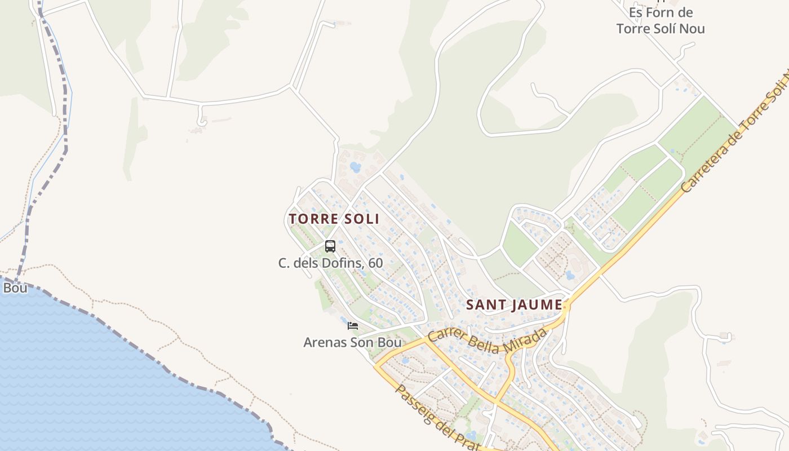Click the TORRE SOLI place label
tap(334, 219)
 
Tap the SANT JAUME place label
tap(514, 305)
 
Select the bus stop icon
tap(330, 246)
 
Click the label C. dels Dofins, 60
tap(330, 263)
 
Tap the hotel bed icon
tap(353, 326)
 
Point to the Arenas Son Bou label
tap(352, 342)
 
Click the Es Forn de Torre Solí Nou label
tap(661, 20)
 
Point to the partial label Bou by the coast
tap(15, 288)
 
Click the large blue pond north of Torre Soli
tap(355, 167)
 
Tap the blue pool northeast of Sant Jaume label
tap(569, 275)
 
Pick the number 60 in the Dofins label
tap(375, 263)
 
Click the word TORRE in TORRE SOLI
tap(312, 219)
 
